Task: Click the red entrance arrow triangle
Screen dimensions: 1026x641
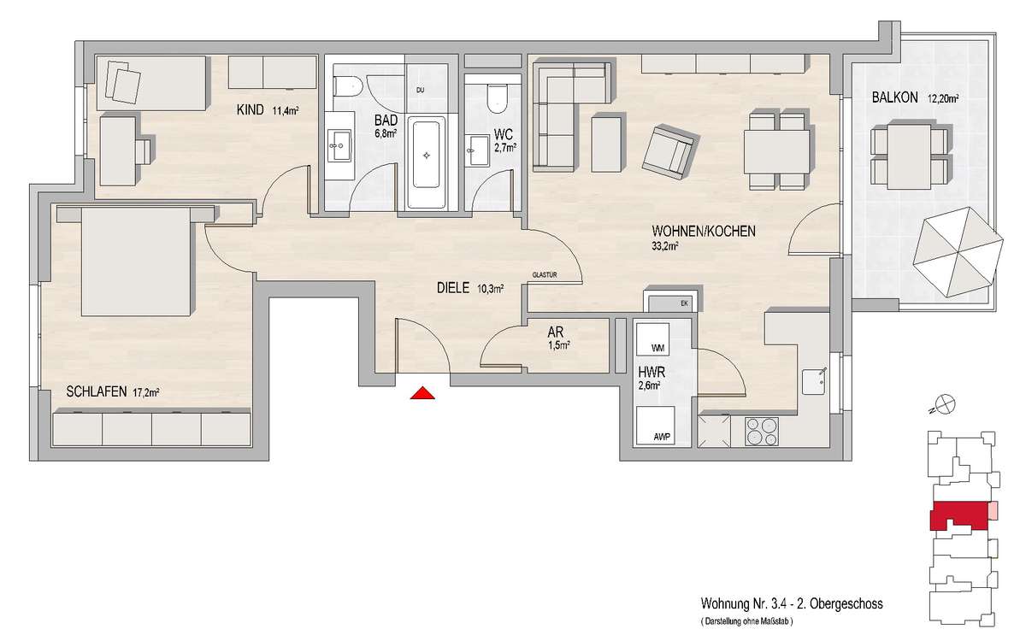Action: pyautogui.click(x=422, y=393)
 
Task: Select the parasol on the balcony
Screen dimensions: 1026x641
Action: pyautogui.click(x=958, y=252)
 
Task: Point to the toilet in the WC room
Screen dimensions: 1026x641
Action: pyautogui.click(x=496, y=99)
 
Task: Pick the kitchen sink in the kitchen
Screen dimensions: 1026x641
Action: pyautogui.click(x=814, y=382)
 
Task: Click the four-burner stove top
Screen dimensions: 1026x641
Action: pyautogui.click(x=761, y=432)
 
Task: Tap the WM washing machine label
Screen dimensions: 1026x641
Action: pyautogui.click(x=657, y=349)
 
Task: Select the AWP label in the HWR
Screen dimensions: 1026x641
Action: pyautogui.click(x=662, y=438)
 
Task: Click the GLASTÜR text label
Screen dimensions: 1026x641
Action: pyautogui.click(x=545, y=275)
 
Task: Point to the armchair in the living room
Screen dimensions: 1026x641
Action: pyautogui.click(x=670, y=151)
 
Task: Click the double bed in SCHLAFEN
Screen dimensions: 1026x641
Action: pyautogui.click(x=136, y=261)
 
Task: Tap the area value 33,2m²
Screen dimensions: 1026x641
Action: pyautogui.click(x=664, y=246)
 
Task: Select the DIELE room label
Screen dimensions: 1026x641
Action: pyautogui.click(x=453, y=288)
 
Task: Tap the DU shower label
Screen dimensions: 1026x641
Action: pyautogui.click(x=420, y=91)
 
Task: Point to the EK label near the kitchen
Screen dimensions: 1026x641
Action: pyautogui.click(x=684, y=303)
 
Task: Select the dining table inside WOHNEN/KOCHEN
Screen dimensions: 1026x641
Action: pyautogui.click(x=777, y=151)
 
